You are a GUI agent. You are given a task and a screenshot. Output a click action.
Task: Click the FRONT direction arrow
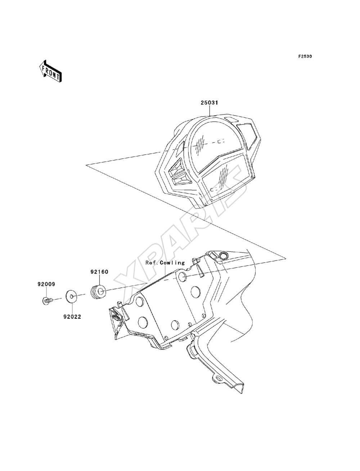point(50,71)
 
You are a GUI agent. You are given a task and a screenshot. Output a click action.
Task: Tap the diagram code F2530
point(305,56)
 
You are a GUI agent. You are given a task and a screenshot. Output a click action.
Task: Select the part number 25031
point(209,103)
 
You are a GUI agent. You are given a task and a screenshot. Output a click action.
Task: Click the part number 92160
point(99,272)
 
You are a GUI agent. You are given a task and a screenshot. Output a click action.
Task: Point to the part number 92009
point(46,284)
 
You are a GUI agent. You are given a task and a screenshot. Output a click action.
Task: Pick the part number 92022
point(72,317)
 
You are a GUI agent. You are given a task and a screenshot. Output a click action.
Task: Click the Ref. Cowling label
point(165,263)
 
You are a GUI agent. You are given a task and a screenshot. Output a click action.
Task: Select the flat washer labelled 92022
point(72,297)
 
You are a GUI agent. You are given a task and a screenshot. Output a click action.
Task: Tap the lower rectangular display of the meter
point(225,178)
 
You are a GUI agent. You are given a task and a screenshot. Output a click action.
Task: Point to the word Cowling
point(172,263)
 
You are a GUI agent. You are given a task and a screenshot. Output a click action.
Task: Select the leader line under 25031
point(209,111)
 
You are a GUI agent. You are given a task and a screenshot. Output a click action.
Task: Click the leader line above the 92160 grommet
point(99,280)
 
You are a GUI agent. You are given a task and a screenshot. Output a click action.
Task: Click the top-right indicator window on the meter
point(248,136)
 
